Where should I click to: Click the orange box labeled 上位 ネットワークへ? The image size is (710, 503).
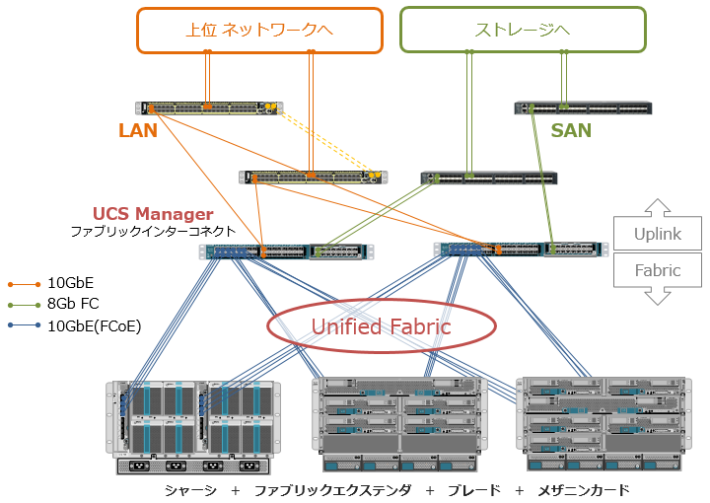click(259, 30)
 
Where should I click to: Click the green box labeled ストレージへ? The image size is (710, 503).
click(523, 30)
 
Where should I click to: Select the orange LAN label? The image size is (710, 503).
click(138, 130)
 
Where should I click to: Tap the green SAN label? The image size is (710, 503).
click(571, 129)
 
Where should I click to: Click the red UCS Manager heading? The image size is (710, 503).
click(153, 214)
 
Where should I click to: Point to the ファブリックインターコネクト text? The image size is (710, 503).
click(153, 232)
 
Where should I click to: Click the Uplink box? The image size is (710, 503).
click(657, 235)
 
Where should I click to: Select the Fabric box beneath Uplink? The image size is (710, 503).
click(657, 270)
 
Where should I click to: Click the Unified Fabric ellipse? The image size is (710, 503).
click(382, 326)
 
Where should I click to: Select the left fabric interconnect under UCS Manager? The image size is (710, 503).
click(287, 251)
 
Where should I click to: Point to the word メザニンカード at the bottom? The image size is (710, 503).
click(583, 490)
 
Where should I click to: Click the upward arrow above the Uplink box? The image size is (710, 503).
click(657, 207)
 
